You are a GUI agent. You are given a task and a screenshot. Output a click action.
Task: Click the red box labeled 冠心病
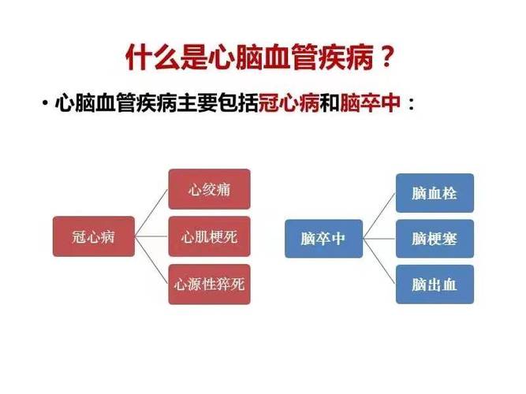coord(94,236)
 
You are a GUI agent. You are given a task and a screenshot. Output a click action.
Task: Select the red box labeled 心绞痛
coord(209,189)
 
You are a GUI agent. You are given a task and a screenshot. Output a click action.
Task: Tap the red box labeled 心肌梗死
coord(209,236)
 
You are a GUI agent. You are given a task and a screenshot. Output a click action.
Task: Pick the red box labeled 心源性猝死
coord(209,284)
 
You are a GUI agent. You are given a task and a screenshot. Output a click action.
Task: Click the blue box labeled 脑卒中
coord(323,236)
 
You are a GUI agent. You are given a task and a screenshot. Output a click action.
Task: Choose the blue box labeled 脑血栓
coord(434,193)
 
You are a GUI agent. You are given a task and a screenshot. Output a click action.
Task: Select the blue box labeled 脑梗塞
coord(434,238)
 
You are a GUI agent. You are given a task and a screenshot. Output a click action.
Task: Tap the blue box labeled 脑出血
coord(434,284)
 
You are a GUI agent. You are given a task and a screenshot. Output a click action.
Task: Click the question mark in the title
coord(385,57)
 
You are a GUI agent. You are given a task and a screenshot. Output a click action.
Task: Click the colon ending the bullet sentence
coord(411,105)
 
